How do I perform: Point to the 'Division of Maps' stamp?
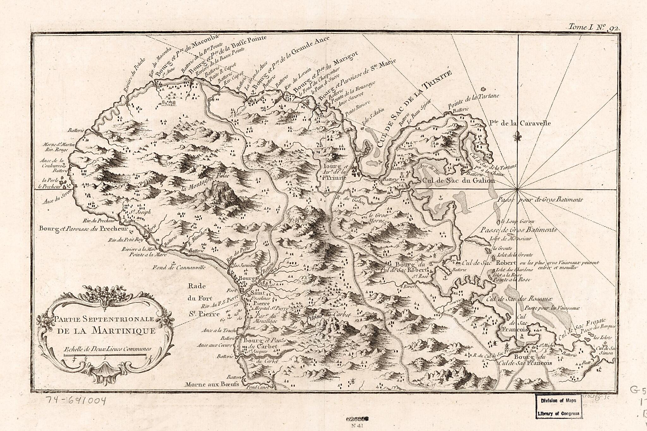coord(559,400)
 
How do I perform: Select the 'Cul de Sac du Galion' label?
coord(458,181)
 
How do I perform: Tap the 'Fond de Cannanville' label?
coord(179,267)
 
